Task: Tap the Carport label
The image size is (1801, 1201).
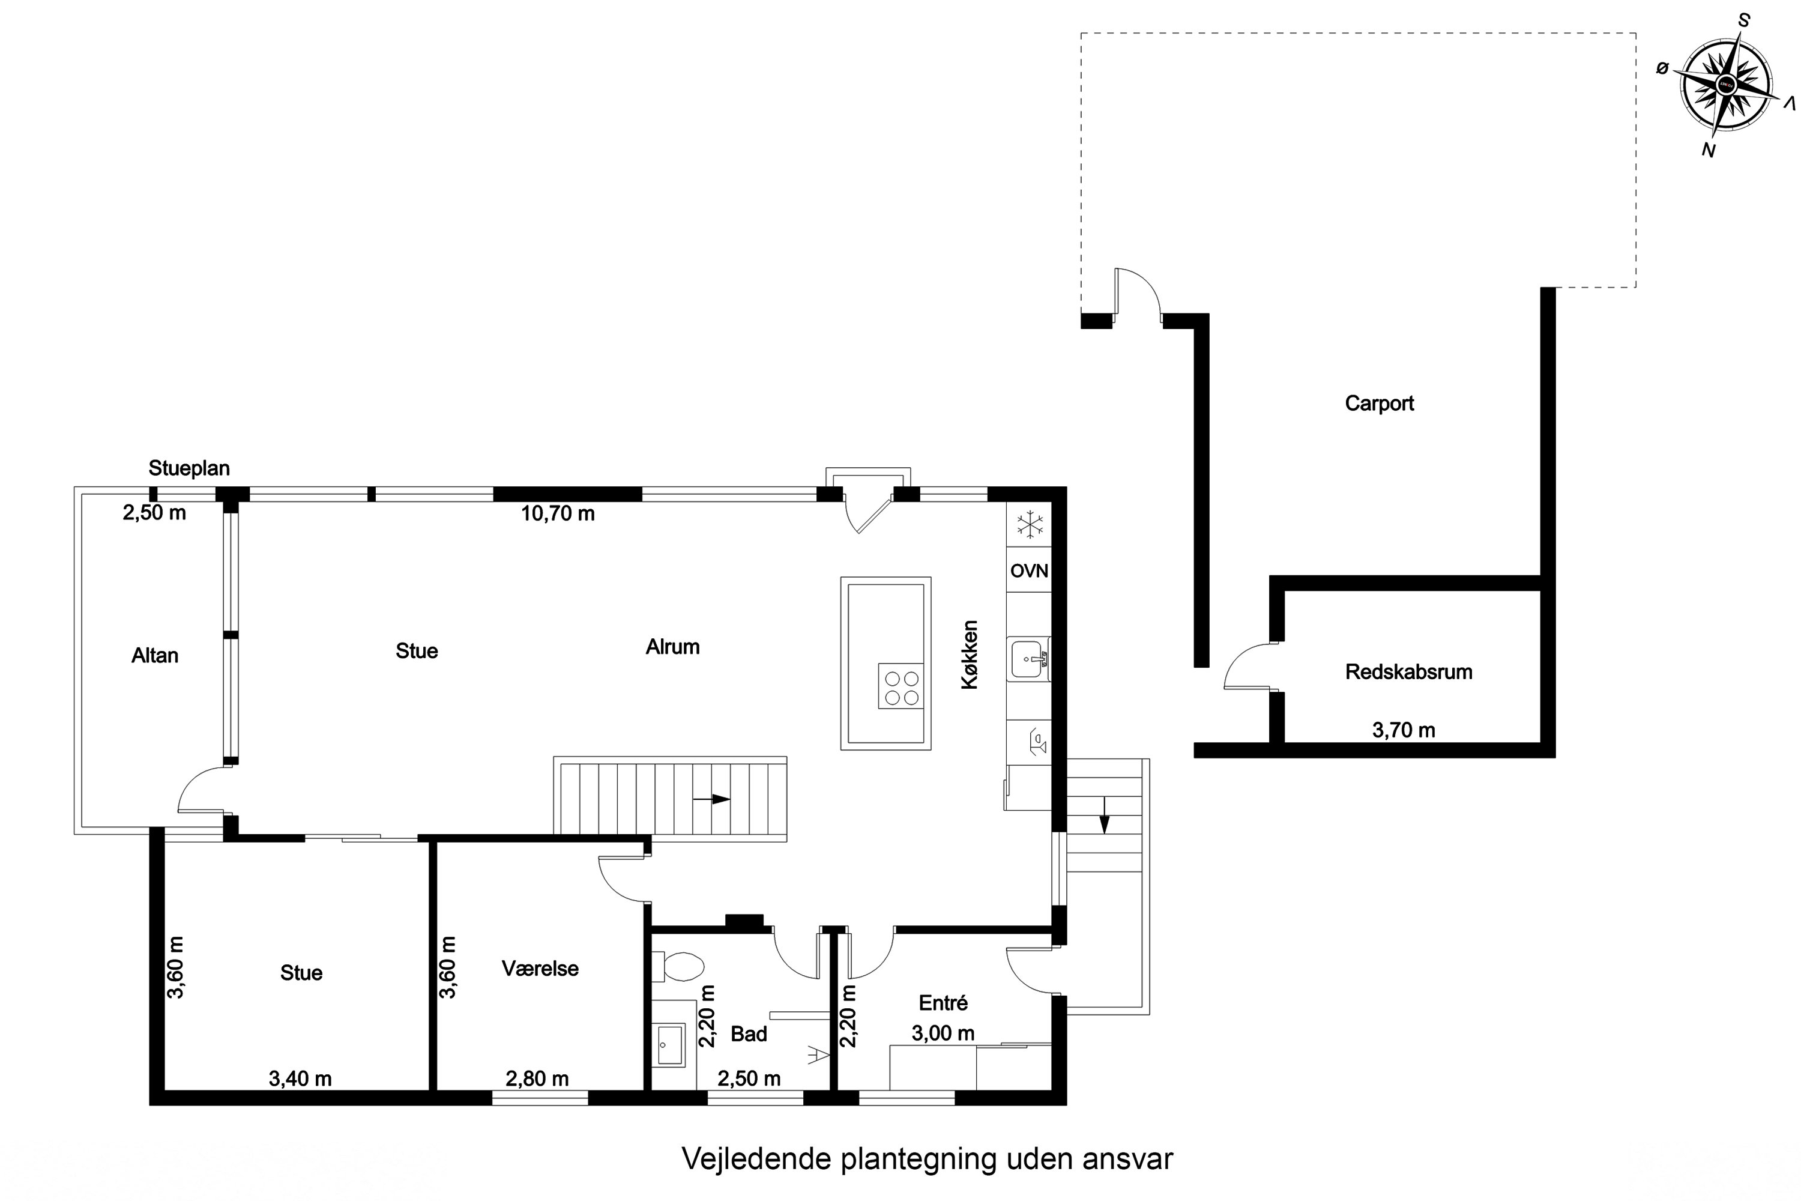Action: click(x=1379, y=404)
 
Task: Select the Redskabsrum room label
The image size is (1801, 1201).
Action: click(x=1409, y=672)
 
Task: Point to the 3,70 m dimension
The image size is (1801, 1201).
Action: click(x=1404, y=730)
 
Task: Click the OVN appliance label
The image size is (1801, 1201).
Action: click(x=1029, y=570)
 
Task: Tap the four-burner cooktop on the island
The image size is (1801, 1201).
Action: click(x=901, y=687)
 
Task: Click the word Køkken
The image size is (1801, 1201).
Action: click(x=970, y=655)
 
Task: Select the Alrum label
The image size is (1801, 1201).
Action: click(x=672, y=647)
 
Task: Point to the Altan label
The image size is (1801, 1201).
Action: click(x=155, y=656)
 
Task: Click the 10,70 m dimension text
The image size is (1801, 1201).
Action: click(x=558, y=513)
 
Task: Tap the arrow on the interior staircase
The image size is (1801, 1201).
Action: click(x=711, y=799)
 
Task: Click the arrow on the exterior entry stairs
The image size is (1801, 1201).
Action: click(x=1103, y=814)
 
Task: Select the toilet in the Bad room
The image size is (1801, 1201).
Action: click(x=678, y=967)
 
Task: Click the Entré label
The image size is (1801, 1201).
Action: click(x=943, y=1003)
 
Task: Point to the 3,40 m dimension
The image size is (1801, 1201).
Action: click(x=300, y=1078)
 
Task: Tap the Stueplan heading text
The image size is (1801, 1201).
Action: click(x=189, y=468)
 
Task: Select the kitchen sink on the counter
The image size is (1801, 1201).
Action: click(x=1030, y=659)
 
